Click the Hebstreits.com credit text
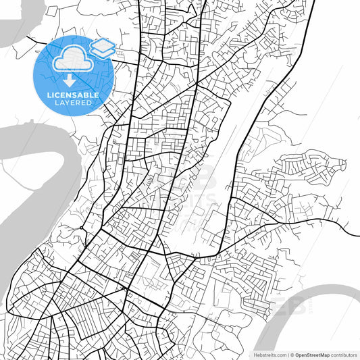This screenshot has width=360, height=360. tap(269, 354)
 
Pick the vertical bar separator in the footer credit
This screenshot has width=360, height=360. tap(287, 354)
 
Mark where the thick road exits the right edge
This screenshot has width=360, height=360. tap(357, 236)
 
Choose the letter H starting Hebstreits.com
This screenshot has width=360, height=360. tap(255, 354)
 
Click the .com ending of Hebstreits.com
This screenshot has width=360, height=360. tap(279, 354)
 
